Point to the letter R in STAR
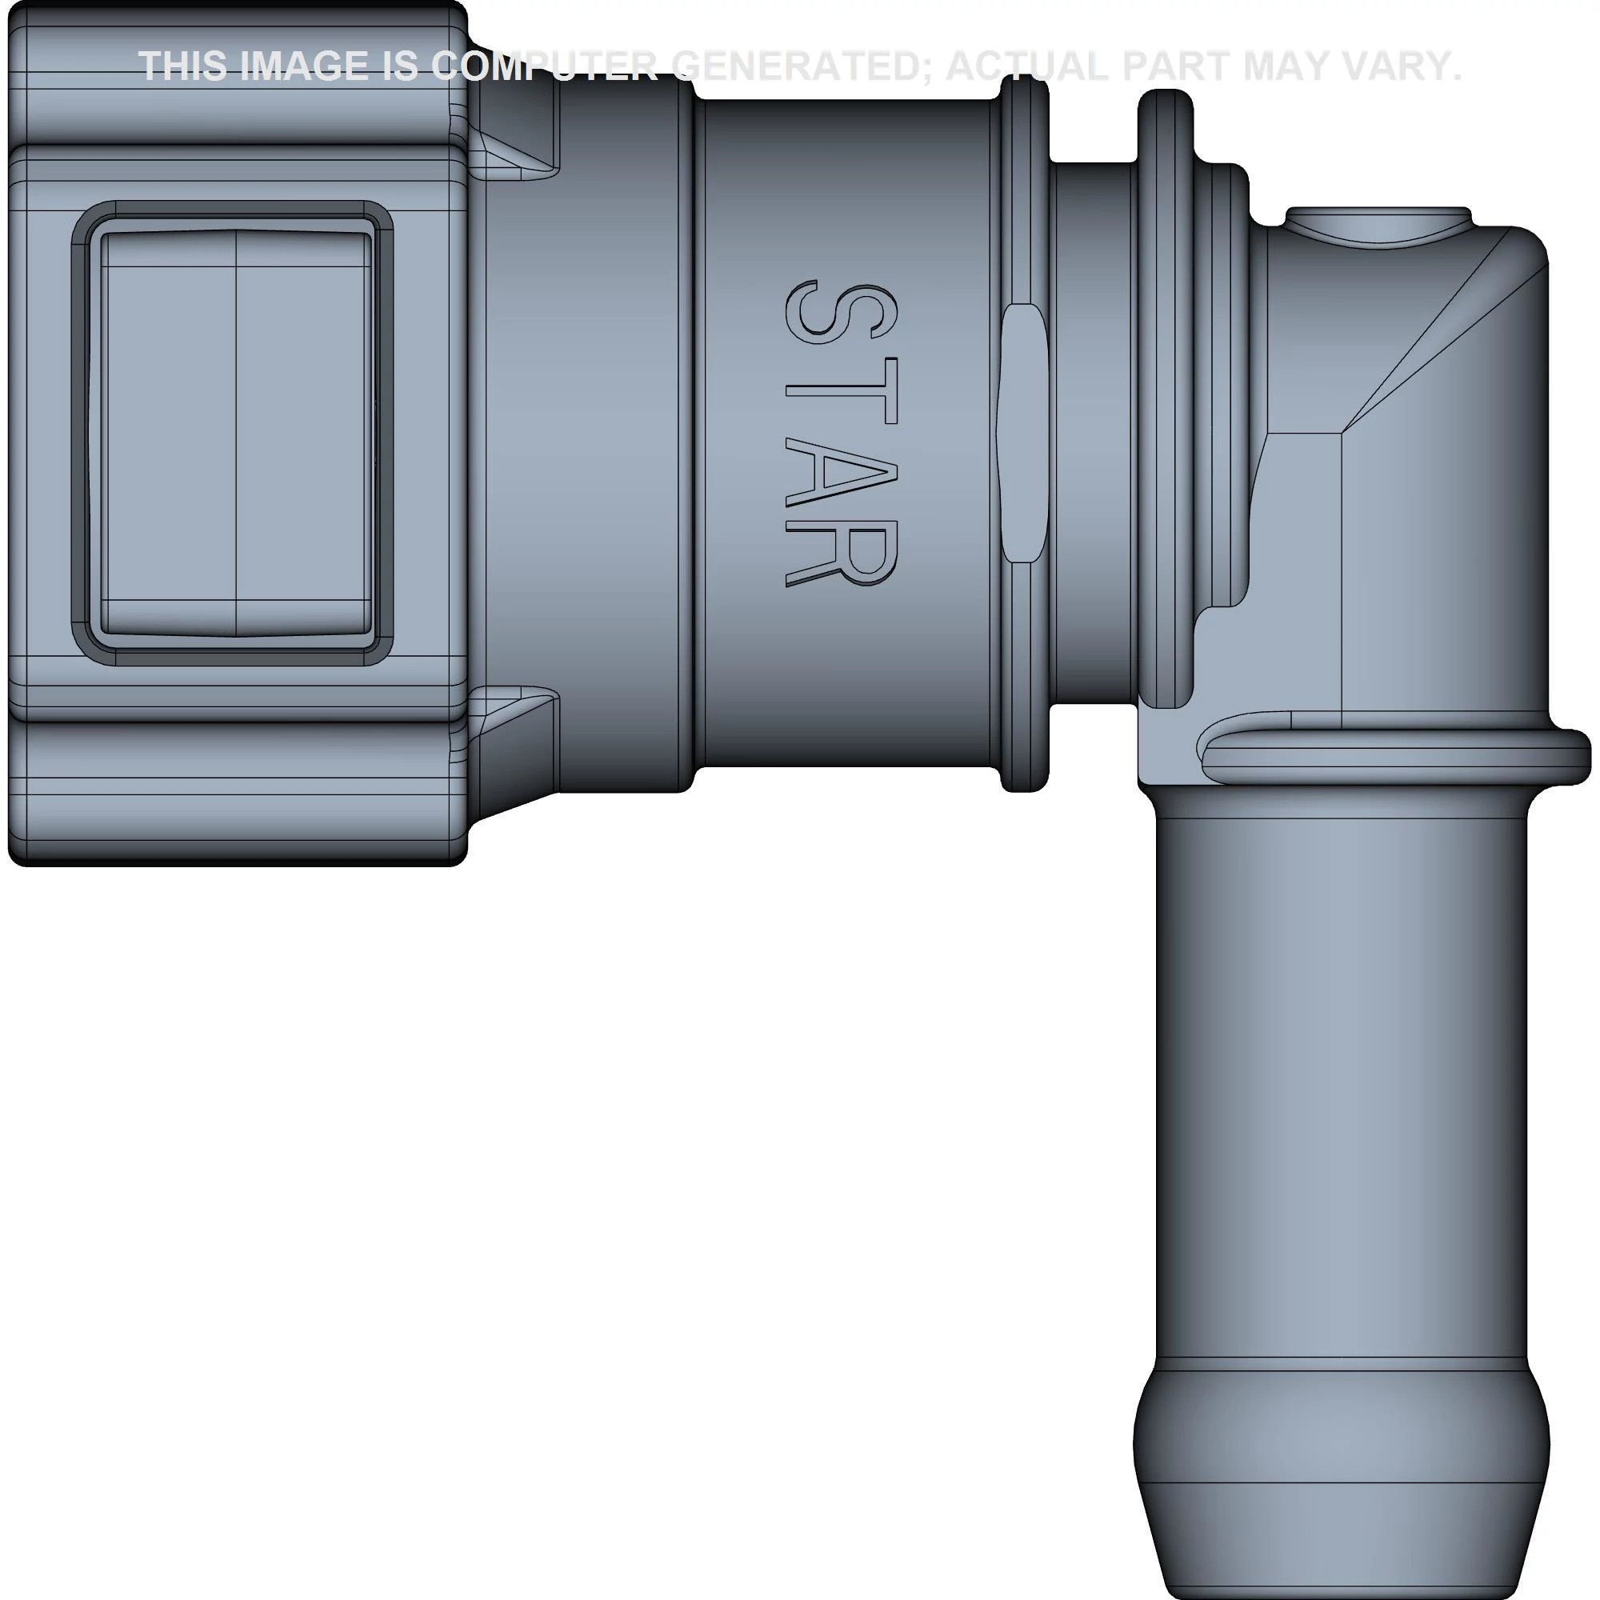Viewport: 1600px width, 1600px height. point(839,554)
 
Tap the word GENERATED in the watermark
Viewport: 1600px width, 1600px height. point(804,66)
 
